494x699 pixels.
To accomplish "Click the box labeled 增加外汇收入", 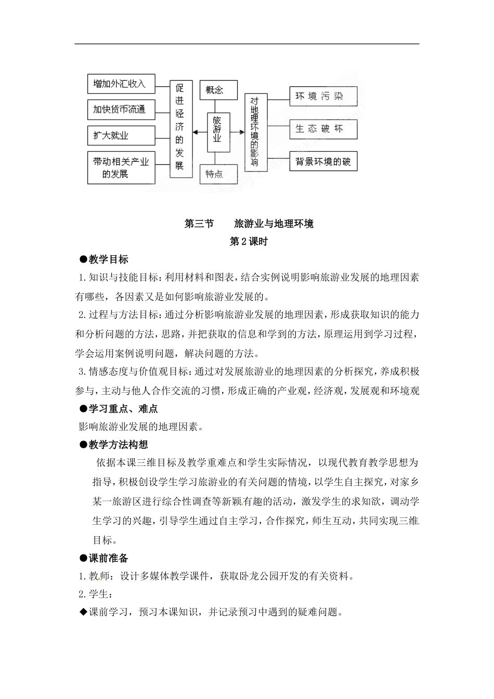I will pos(121,83).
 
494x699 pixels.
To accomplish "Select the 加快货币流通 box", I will pos(121,109).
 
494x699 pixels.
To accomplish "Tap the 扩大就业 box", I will pos(121,136).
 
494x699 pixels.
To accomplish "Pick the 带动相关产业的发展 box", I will pos(121,167).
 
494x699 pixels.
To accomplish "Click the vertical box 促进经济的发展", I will pos(180,129).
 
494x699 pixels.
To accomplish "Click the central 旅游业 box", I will pos(218,133).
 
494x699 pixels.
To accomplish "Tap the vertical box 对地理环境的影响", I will pos(255,133).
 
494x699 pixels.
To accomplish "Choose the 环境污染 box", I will pos(323,96).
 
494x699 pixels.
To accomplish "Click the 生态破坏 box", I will pos(323,128).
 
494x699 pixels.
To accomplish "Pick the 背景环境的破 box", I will pos(323,161).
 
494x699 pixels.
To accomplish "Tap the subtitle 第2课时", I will pos(248,241).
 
